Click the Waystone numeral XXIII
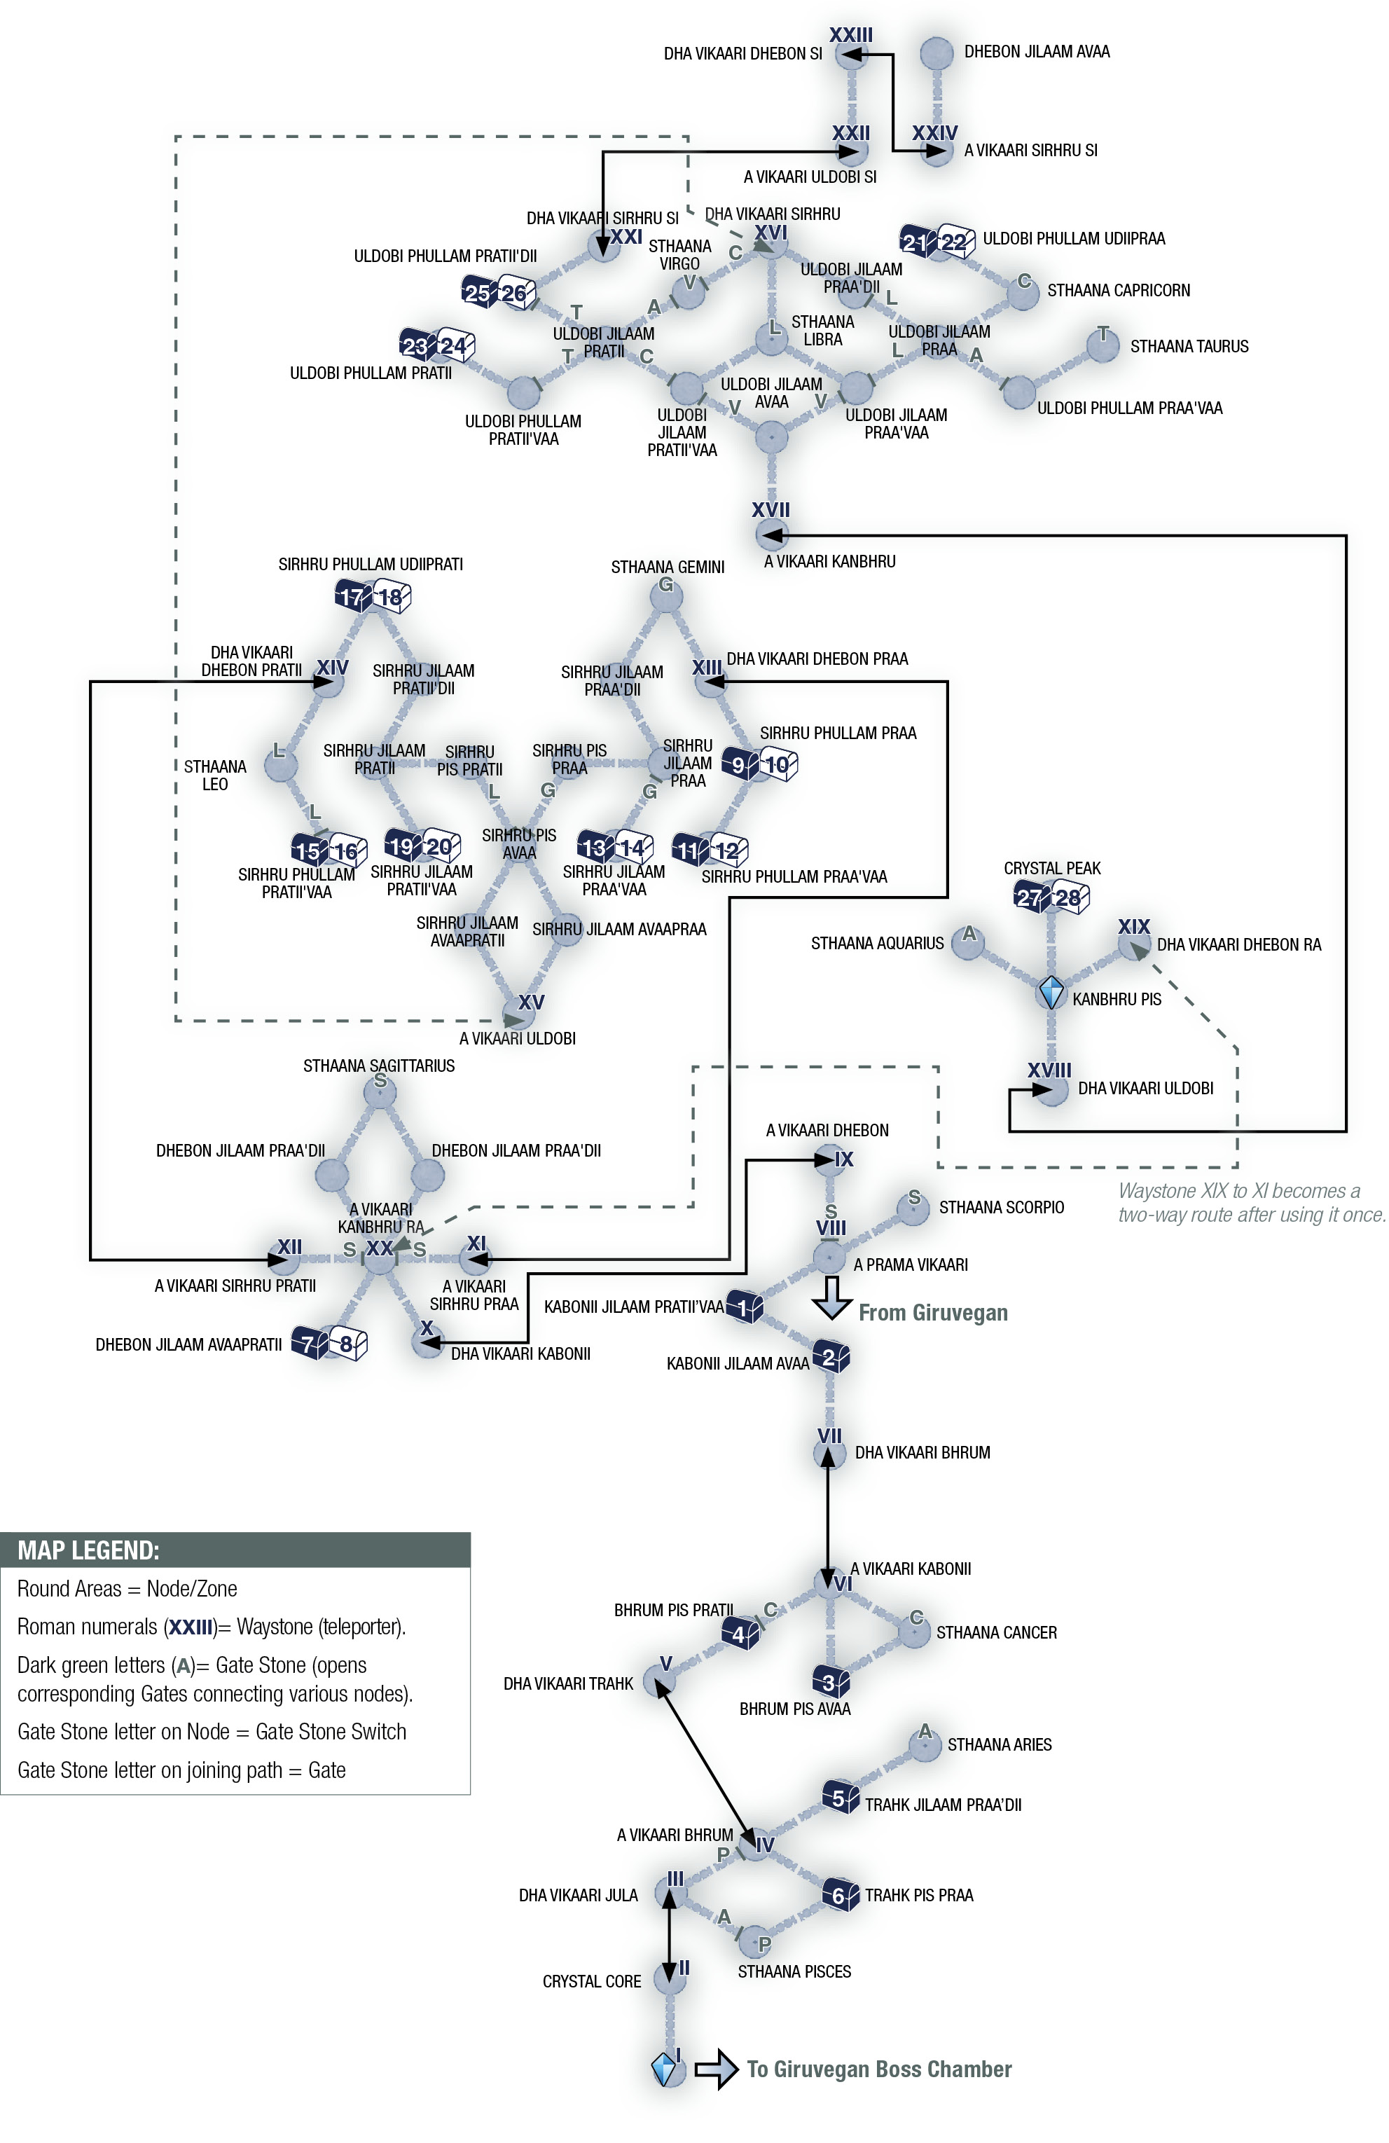(850, 34)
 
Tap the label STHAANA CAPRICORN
(1118, 290)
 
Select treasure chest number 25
(477, 291)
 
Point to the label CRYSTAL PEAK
(1051, 868)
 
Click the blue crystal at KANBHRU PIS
(1051, 992)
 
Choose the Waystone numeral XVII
(770, 509)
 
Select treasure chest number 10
(778, 764)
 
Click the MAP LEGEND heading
(88, 1550)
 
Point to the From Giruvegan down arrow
(831, 1297)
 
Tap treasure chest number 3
(829, 1681)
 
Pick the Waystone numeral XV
(531, 1001)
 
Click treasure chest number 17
(352, 596)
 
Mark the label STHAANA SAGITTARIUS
(378, 1066)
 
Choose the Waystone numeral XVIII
(1049, 1070)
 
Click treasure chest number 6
(839, 1896)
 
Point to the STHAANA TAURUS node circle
(1102, 343)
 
